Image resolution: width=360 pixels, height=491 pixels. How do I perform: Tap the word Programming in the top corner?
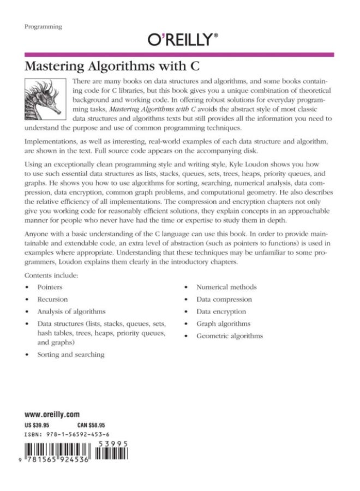pyautogui.click(x=43, y=26)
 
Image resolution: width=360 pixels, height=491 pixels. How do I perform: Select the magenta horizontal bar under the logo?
pyautogui.click(x=180, y=54)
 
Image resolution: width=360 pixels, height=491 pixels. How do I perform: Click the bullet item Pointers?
pyautogui.click(x=50, y=287)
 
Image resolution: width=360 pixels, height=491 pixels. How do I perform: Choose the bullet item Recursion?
pyautogui.click(x=52, y=300)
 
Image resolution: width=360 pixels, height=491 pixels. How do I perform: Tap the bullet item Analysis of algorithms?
pyautogui.click(x=71, y=312)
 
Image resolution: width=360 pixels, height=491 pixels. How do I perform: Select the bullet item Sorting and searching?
pyautogui.click(x=70, y=355)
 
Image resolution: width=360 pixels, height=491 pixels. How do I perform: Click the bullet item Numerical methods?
pyautogui.click(x=226, y=287)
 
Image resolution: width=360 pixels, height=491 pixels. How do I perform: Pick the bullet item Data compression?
pyautogui.click(x=224, y=300)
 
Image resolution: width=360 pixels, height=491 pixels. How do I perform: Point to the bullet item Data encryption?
pyautogui.click(x=221, y=312)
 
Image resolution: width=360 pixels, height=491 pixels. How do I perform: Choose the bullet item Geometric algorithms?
pyautogui.click(x=229, y=336)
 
